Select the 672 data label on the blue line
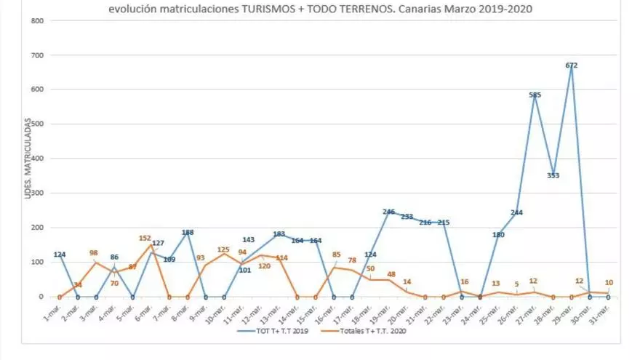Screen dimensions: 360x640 click(x=572, y=65)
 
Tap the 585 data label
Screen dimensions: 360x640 click(x=535, y=95)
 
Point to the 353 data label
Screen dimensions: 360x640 click(x=553, y=175)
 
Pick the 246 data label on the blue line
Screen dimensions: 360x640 click(x=388, y=212)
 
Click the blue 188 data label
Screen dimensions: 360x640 click(x=187, y=233)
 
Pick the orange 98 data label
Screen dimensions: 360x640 click(x=95, y=252)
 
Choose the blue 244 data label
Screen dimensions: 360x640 click(x=516, y=213)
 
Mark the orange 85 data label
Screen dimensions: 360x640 click(x=336, y=255)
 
